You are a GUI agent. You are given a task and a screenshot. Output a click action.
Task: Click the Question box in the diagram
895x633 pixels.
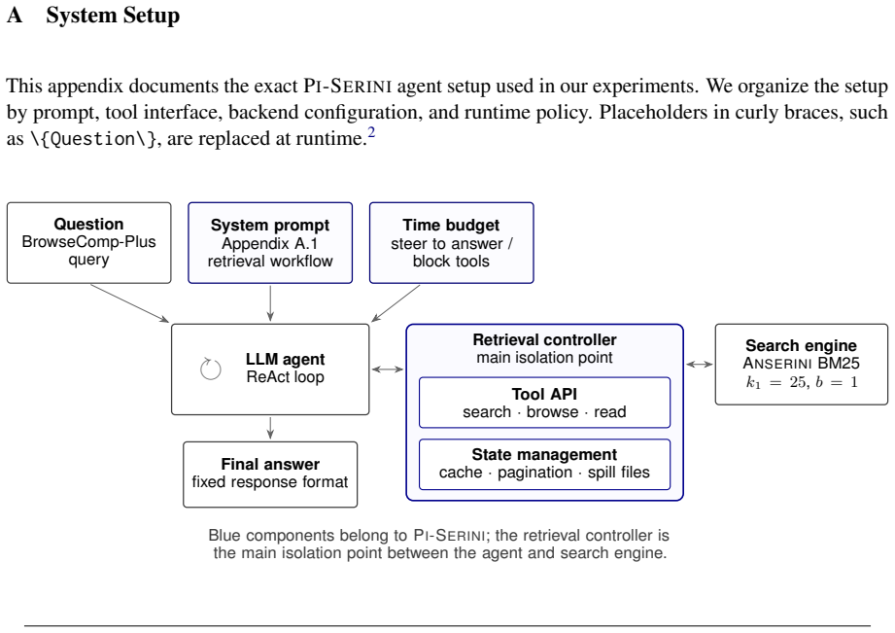point(89,242)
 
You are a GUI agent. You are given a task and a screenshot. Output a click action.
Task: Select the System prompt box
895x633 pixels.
point(270,242)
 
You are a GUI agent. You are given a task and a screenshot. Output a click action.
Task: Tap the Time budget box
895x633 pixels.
point(452,242)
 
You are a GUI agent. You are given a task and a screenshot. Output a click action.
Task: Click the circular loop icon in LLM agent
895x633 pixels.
point(211,369)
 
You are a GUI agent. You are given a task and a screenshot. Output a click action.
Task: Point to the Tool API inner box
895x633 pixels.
point(544,403)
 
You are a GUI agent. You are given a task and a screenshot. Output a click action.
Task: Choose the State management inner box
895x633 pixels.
point(544,464)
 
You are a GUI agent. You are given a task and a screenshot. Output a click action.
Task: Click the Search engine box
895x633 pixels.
point(802,364)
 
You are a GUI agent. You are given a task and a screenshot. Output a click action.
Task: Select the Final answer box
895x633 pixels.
point(270,475)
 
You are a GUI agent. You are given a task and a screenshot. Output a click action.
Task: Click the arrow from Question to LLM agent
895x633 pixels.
point(129,302)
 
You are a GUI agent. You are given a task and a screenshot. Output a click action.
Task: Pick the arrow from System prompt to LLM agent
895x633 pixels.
point(270,303)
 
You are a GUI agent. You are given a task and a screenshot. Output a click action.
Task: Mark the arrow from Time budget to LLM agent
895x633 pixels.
point(396,302)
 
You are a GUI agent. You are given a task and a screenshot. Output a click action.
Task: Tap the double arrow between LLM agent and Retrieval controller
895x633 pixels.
point(388,369)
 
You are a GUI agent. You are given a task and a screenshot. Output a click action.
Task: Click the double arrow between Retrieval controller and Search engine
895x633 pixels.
point(700,364)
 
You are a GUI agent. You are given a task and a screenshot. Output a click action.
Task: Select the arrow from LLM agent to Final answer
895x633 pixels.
point(270,428)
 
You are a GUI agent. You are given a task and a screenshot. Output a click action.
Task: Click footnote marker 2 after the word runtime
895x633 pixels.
point(371,132)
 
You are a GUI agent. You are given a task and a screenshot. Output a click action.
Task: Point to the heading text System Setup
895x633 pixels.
point(113,15)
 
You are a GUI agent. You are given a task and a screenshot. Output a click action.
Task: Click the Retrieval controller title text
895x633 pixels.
point(544,340)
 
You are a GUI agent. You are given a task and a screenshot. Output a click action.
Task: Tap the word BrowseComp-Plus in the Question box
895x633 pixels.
point(88,242)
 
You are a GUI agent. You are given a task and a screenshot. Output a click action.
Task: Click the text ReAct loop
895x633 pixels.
point(286,377)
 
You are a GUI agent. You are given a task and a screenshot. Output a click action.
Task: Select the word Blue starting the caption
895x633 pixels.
point(224,536)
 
